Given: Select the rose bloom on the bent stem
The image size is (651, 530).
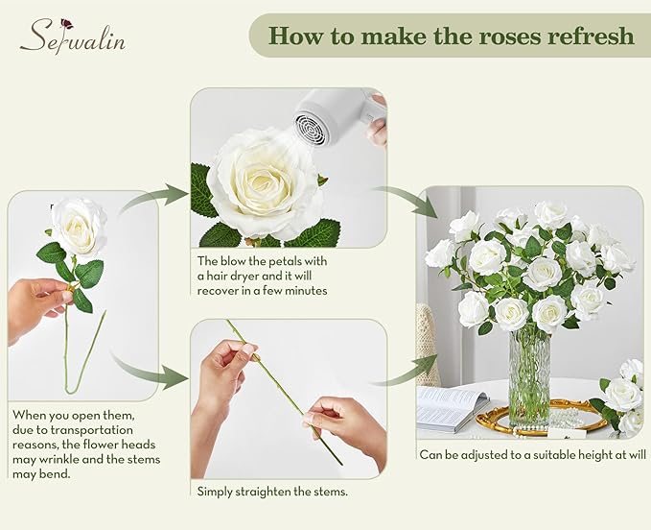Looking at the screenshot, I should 78,226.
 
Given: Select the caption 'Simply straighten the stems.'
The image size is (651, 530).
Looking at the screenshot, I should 271,491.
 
